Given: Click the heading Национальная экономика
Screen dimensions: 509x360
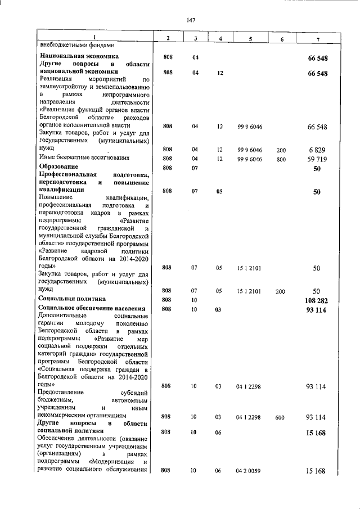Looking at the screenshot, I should click(79, 57).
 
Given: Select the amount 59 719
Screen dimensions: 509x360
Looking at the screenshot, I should click(316, 159).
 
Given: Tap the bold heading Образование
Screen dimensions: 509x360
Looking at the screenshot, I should click(60, 167).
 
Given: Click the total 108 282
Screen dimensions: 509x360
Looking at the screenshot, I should click(314, 301).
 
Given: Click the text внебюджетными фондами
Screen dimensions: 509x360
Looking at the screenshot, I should click(76, 45).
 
